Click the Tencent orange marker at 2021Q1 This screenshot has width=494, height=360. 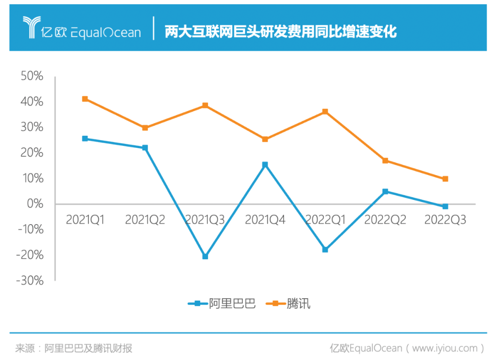point(85,99)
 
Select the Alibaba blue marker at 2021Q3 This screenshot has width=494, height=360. point(205,257)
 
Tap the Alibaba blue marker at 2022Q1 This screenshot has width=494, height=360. point(325,250)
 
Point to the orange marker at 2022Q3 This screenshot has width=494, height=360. point(445,179)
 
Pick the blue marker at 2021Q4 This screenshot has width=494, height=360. point(265,164)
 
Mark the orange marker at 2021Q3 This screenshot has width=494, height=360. point(205,105)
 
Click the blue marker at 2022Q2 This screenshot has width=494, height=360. point(385,191)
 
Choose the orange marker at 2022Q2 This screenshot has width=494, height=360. point(385,161)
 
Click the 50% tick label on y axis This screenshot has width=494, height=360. point(32,76)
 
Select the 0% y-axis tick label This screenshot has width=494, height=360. point(35,204)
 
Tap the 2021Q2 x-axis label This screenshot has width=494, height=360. point(145,220)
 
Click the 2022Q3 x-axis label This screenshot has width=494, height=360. point(445,220)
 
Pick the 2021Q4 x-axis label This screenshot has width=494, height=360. point(265,220)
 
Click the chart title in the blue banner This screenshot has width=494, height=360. point(280,32)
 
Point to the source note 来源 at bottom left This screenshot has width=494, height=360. point(73,349)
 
